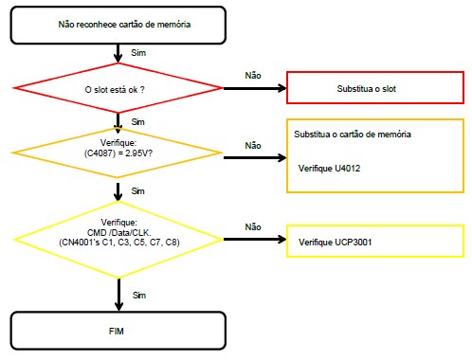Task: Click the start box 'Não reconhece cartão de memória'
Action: tap(118, 25)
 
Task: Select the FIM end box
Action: tap(118, 331)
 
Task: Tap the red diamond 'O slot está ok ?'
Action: tap(118, 88)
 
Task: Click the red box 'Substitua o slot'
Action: tap(375, 87)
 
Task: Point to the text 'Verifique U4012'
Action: tap(329, 169)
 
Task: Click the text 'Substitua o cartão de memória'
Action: tap(353, 135)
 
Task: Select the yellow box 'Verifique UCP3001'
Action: tap(375, 241)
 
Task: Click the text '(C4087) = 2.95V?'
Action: tap(118, 153)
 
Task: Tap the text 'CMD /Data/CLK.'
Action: tap(119, 233)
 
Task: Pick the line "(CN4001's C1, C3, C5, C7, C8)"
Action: tap(119, 243)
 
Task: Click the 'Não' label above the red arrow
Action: tap(253, 76)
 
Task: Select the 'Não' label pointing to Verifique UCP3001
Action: tap(253, 227)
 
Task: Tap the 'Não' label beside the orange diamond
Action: tap(253, 146)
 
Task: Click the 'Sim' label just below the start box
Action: tap(138, 53)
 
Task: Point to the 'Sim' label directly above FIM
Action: tap(139, 296)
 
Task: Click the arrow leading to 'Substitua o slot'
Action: tap(255, 88)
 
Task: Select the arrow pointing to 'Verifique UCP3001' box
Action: tap(255, 240)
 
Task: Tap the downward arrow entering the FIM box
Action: tap(118, 295)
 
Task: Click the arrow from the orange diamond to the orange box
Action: tap(255, 157)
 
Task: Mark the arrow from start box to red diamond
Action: tap(118, 53)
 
